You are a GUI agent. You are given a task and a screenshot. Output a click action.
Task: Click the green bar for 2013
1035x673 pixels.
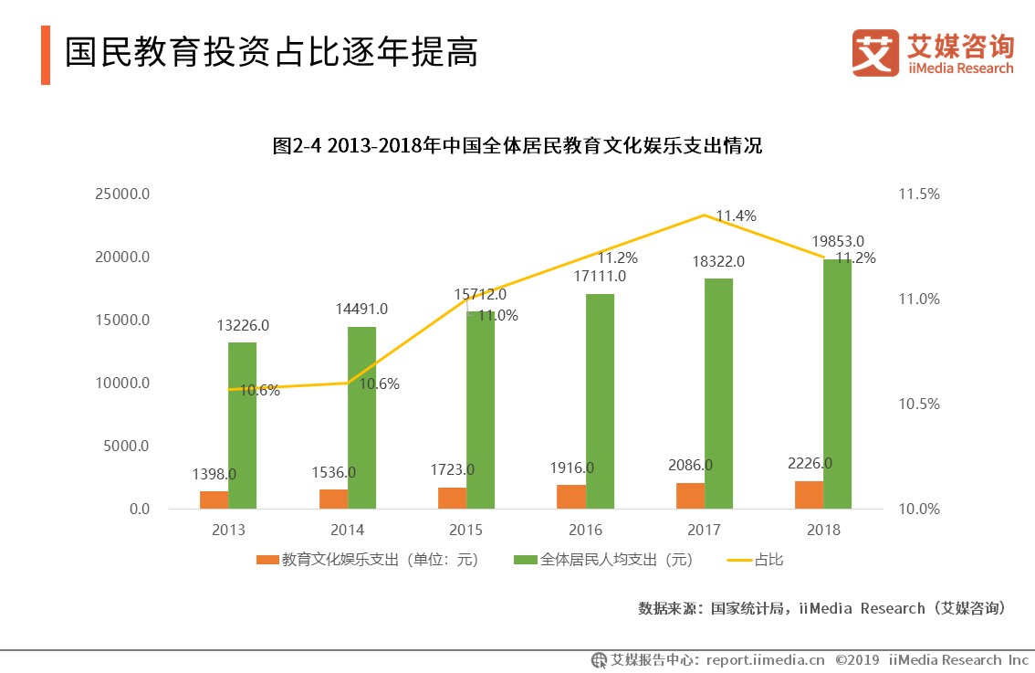tap(242, 426)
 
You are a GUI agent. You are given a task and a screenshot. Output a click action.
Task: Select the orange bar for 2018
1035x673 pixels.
tap(809, 495)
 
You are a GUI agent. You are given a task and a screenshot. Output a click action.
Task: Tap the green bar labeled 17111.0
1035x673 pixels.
tap(599, 402)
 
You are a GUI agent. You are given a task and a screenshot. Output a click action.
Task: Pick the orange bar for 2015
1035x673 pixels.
tap(453, 498)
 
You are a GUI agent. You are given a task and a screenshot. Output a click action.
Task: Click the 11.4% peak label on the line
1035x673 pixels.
tap(735, 216)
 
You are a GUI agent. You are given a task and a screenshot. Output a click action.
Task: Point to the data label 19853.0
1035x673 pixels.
tap(838, 242)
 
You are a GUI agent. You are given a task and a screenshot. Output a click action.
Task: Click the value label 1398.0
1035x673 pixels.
tap(214, 474)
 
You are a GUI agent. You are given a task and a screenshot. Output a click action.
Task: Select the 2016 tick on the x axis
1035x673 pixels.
tap(584, 530)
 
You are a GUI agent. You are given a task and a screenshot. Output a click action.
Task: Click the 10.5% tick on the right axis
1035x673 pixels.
tap(918, 405)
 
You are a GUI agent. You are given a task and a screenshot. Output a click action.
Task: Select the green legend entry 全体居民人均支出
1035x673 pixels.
tap(602, 560)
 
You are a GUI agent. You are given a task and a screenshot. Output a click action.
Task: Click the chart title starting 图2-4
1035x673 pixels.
tap(517, 146)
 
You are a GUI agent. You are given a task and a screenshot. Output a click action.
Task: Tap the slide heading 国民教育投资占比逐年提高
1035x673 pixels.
tap(272, 53)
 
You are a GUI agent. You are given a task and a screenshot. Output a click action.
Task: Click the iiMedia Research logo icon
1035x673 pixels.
tap(875, 53)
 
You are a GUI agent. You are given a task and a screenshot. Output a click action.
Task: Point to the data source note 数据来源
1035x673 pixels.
tap(821, 608)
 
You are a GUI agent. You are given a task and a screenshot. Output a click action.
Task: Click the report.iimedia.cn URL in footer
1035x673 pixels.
tap(765, 659)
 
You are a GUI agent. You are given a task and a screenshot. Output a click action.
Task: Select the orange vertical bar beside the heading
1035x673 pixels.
tap(45, 55)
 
